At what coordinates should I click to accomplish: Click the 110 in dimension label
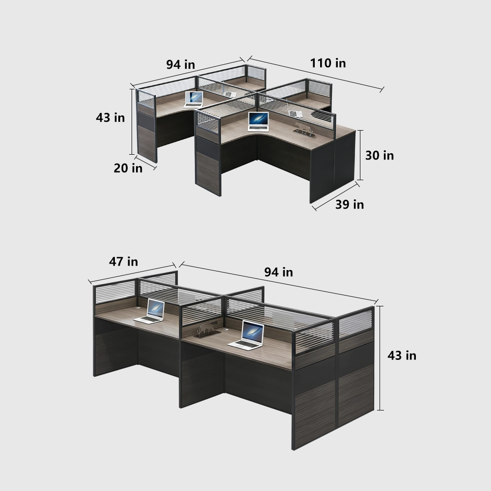pyautogui.click(x=327, y=63)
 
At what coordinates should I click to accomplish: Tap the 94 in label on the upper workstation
pyautogui.click(x=180, y=64)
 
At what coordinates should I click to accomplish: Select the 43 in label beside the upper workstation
pyautogui.click(x=110, y=118)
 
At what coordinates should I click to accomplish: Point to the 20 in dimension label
pyautogui.click(x=128, y=168)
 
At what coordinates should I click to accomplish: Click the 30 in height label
pyautogui.click(x=380, y=156)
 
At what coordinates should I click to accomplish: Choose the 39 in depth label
pyautogui.click(x=350, y=204)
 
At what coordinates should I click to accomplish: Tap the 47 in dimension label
pyautogui.click(x=123, y=262)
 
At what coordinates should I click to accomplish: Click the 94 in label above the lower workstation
pyautogui.click(x=278, y=272)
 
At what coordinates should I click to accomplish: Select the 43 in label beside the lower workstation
pyautogui.click(x=402, y=355)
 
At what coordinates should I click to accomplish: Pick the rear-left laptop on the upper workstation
pyautogui.click(x=194, y=99)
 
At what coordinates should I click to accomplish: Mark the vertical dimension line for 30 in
pyautogui.click(x=361, y=155)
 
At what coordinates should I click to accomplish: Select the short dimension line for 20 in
pyautogui.click(x=146, y=163)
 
